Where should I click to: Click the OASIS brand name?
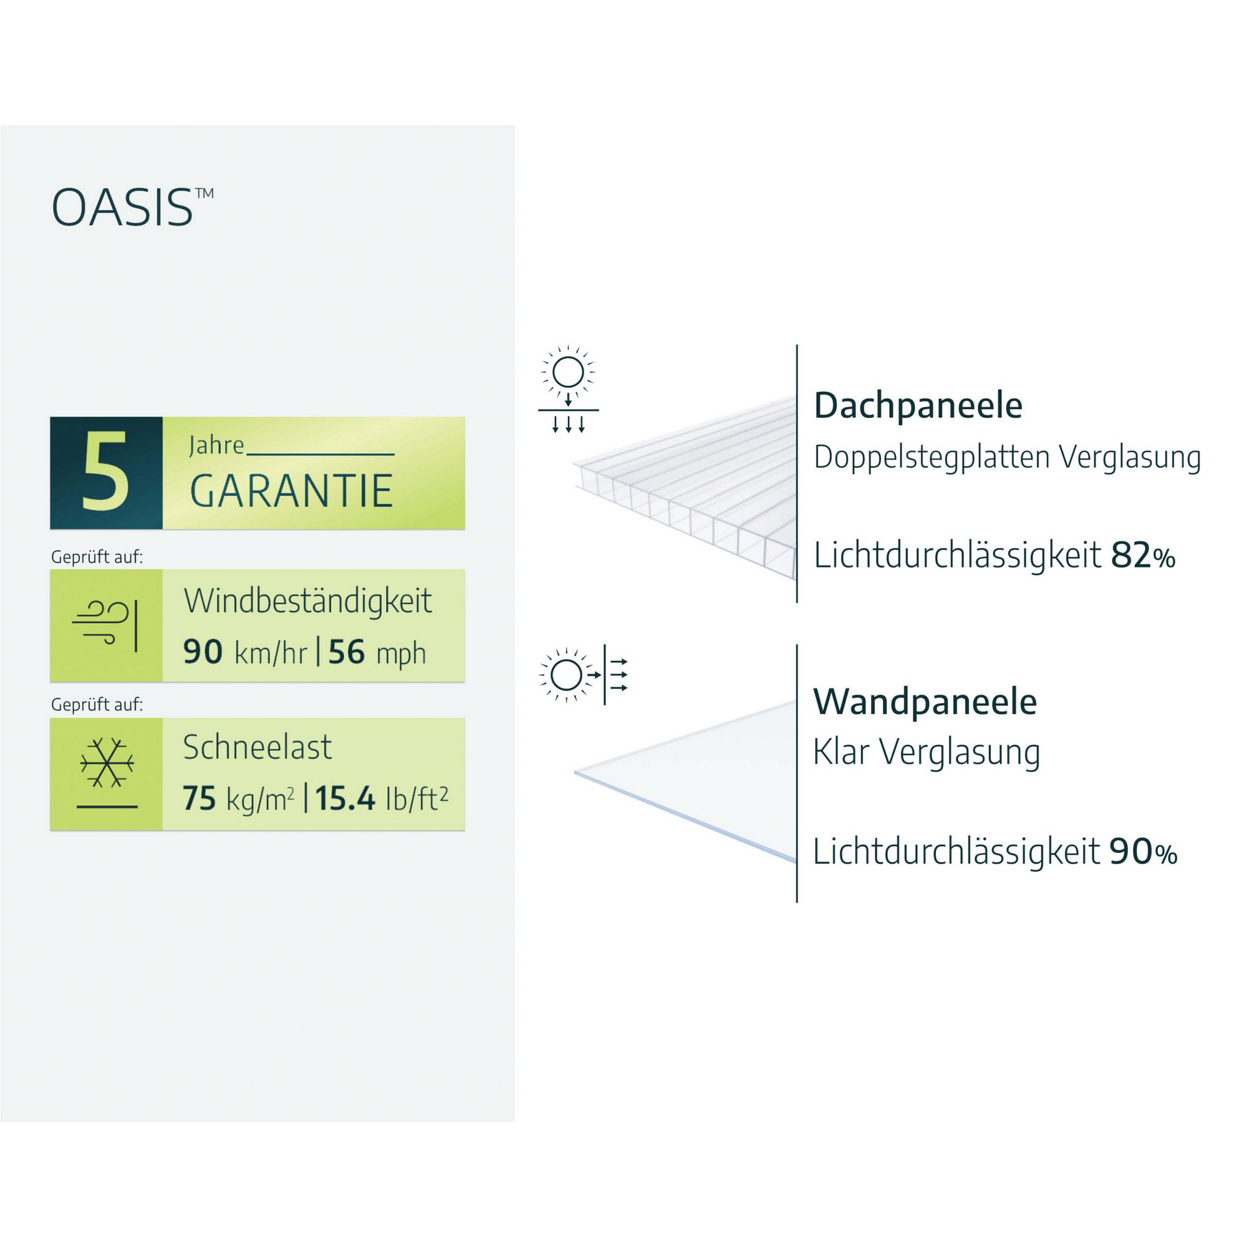(x=123, y=208)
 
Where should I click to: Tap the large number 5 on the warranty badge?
(x=105, y=472)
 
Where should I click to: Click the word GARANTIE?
(x=291, y=491)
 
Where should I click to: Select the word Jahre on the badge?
(x=216, y=445)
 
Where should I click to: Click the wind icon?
(x=106, y=625)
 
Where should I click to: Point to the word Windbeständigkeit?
(x=308, y=602)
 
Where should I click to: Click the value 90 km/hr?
(x=244, y=652)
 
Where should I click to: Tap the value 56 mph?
(x=377, y=653)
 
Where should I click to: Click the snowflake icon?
(x=107, y=763)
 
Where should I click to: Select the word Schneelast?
(x=257, y=748)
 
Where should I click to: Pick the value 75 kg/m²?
(x=238, y=799)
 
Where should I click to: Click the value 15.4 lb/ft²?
(x=381, y=799)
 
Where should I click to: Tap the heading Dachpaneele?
(x=918, y=406)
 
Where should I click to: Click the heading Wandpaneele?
(x=924, y=701)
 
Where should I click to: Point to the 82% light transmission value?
(x=1142, y=556)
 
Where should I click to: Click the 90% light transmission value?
(x=1143, y=851)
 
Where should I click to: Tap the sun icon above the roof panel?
(x=568, y=372)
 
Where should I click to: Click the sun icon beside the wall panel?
(x=566, y=675)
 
